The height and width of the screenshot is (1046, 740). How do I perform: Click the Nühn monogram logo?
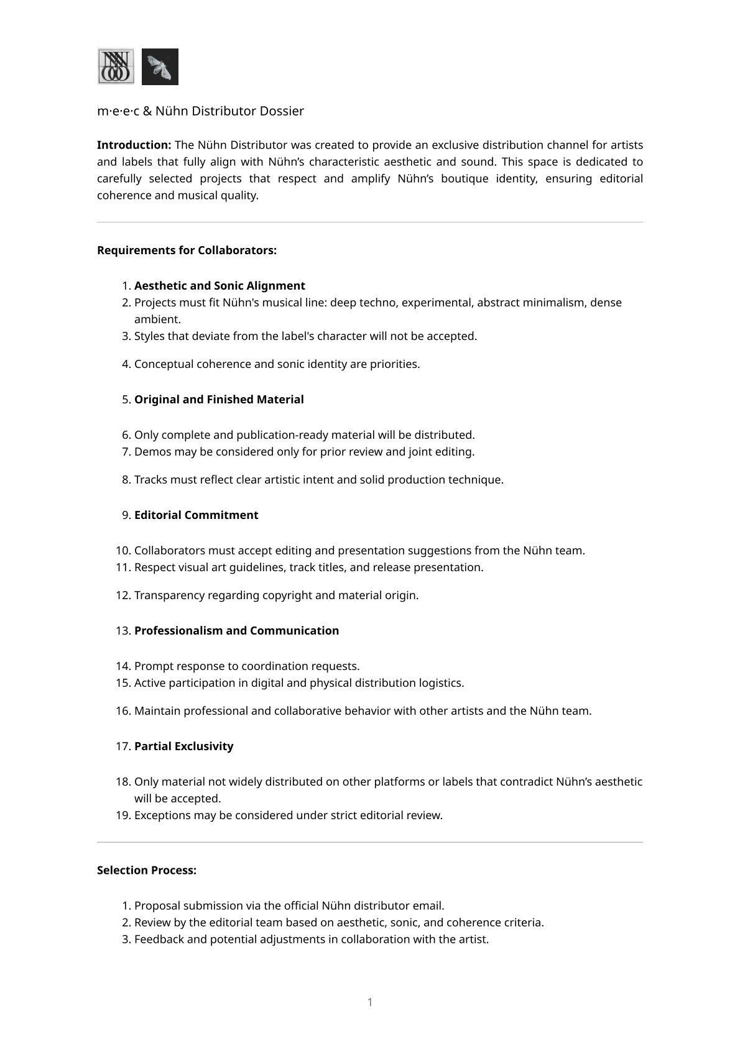(116, 67)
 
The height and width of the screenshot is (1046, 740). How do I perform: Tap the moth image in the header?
(160, 67)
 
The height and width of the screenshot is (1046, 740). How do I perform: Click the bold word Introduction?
(134, 145)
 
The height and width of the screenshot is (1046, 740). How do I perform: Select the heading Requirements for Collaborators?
(187, 250)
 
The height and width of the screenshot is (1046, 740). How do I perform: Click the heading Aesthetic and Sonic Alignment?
(220, 286)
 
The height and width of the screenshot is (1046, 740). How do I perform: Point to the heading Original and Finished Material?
(219, 400)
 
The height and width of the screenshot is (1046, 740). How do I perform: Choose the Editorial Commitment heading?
(196, 515)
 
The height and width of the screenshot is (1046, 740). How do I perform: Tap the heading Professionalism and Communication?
(236, 631)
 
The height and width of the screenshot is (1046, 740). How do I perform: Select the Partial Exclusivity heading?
(183, 746)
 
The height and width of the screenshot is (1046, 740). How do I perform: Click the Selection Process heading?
(147, 871)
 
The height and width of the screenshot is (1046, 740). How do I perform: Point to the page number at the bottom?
(370, 1002)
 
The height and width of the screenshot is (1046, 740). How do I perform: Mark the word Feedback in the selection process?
(160, 939)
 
